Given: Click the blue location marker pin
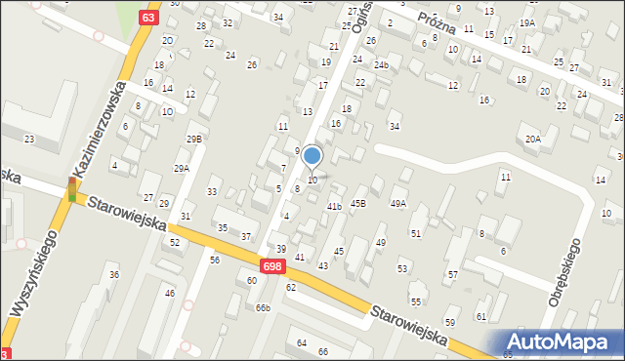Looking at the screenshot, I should [312, 155].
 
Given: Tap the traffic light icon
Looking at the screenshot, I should [71, 189].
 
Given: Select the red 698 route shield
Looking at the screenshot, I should [272, 265].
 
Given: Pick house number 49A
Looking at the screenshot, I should [398, 203].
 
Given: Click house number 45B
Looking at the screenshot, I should [358, 203].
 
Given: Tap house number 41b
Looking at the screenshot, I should [334, 206].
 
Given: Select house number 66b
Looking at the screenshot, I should [263, 308].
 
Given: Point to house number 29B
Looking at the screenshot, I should [194, 140].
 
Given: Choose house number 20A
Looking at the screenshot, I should [532, 140].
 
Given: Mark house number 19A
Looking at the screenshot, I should [527, 22].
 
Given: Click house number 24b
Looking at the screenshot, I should [381, 65].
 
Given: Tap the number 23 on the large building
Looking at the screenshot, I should [29, 140].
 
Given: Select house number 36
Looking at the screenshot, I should [113, 275].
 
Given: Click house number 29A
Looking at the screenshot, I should [182, 169].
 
